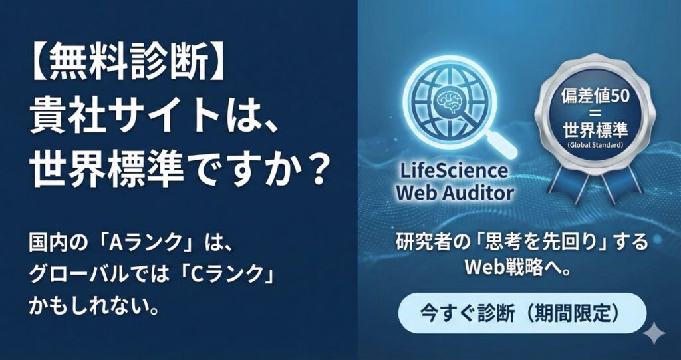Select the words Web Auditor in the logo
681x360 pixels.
pyautogui.click(x=455, y=193)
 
